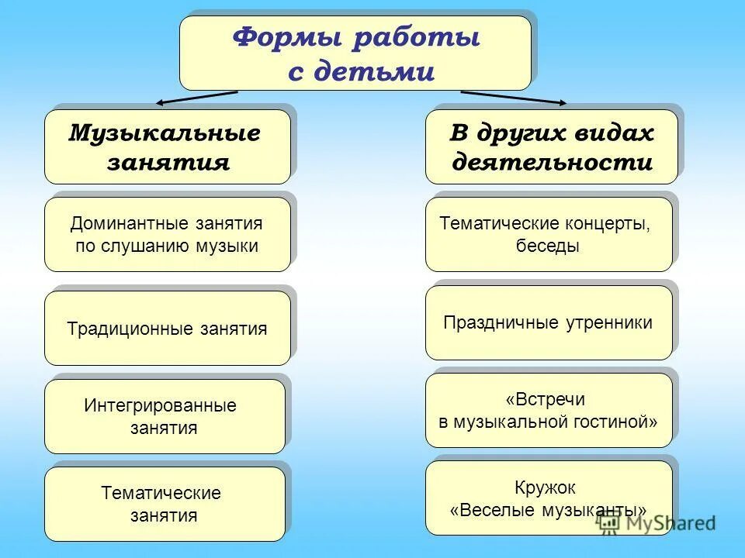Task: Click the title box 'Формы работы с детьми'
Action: point(355,53)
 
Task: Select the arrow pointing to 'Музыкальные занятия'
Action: point(197,97)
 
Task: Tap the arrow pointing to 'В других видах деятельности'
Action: point(513,97)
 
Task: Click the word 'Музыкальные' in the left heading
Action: point(165,133)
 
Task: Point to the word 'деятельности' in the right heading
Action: point(552,163)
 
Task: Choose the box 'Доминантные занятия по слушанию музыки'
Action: point(167,234)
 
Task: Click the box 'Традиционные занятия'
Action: point(167,329)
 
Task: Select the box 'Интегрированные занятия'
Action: point(165,416)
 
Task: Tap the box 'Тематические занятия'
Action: point(165,504)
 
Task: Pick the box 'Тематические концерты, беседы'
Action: point(549,234)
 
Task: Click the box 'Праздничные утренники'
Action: point(549,322)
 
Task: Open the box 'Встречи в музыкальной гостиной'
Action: point(549,411)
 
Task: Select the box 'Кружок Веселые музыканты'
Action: point(549,498)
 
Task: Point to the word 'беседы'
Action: point(547,246)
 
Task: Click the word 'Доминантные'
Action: point(117,224)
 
